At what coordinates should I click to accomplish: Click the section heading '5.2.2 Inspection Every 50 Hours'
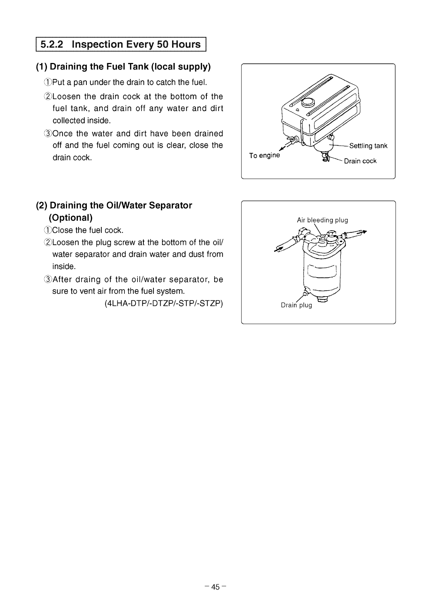tap(120, 45)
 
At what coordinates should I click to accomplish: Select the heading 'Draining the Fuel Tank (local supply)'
tap(123, 67)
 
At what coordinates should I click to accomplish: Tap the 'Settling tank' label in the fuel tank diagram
tap(368, 146)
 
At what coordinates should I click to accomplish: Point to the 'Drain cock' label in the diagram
tap(360, 161)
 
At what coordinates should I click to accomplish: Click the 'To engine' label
tap(264, 155)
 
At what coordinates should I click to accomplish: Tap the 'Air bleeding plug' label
tap(322, 220)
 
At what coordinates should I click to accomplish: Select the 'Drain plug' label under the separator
tap(296, 306)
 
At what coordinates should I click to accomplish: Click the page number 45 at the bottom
tap(215, 587)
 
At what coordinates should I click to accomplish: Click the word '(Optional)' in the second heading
tap(70, 217)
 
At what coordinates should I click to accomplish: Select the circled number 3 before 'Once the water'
tap(48, 133)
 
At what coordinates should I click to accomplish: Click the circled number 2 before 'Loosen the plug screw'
tap(48, 243)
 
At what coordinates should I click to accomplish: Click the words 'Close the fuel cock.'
tap(88, 230)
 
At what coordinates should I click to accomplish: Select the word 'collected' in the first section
tap(68, 121)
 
